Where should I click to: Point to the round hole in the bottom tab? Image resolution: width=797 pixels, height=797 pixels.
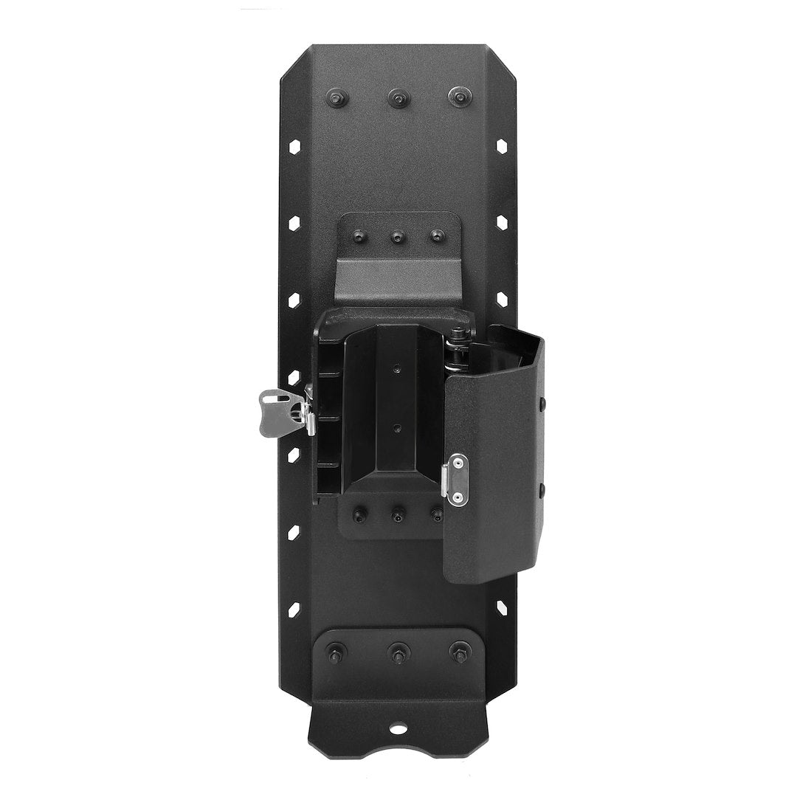398,730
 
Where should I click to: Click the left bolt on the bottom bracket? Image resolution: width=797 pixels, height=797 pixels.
337,652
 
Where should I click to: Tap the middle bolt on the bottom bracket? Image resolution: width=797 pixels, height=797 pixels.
398,652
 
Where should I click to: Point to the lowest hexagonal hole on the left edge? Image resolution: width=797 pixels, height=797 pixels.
294,610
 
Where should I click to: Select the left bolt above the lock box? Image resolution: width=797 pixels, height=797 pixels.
360,236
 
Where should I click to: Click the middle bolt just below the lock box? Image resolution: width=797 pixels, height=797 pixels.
398,513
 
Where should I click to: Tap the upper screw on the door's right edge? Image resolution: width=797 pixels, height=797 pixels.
542,403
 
